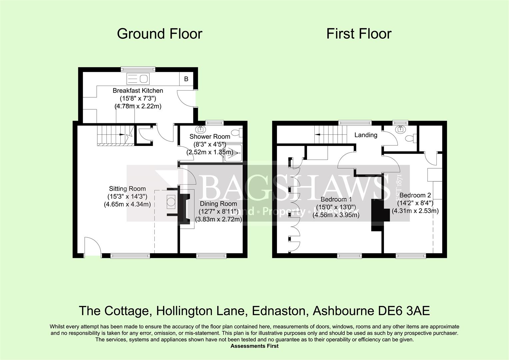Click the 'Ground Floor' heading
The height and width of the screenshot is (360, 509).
[159, 34]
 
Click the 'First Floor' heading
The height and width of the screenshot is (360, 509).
[359, 34]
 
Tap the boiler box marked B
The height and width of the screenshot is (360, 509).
[186, 79]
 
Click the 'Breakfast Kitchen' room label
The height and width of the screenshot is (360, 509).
[138, 91]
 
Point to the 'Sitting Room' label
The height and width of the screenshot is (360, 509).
[127, 189]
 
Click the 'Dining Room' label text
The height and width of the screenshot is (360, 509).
[218, 204]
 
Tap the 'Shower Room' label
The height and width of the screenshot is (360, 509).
[210, 136]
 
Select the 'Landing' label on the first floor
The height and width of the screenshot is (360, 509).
[366, 135]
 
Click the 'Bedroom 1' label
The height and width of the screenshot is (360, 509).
[336, 199]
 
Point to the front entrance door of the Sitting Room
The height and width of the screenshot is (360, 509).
[92, 247]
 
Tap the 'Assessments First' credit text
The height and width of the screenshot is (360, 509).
[254, 346]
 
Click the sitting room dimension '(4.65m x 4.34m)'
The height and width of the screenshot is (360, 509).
[127, 204]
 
